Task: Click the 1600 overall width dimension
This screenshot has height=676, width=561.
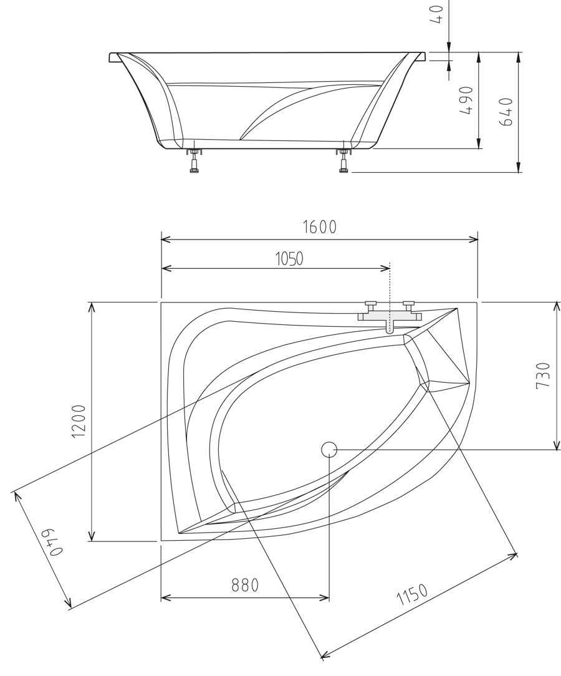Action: tap(320, 227)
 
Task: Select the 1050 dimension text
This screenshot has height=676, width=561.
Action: tap(289, 258)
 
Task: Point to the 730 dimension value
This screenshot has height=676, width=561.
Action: tap(543, 375)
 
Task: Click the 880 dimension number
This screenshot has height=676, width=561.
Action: tap(245, 585)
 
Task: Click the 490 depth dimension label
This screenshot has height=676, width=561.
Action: tap(466, 100)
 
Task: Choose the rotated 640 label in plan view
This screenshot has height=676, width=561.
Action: tap(52, 543)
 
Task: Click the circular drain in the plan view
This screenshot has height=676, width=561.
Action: tap(329, 449)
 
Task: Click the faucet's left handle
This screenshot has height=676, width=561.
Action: tap(370, 305)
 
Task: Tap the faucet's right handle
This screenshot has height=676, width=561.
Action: tap(409, 305)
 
